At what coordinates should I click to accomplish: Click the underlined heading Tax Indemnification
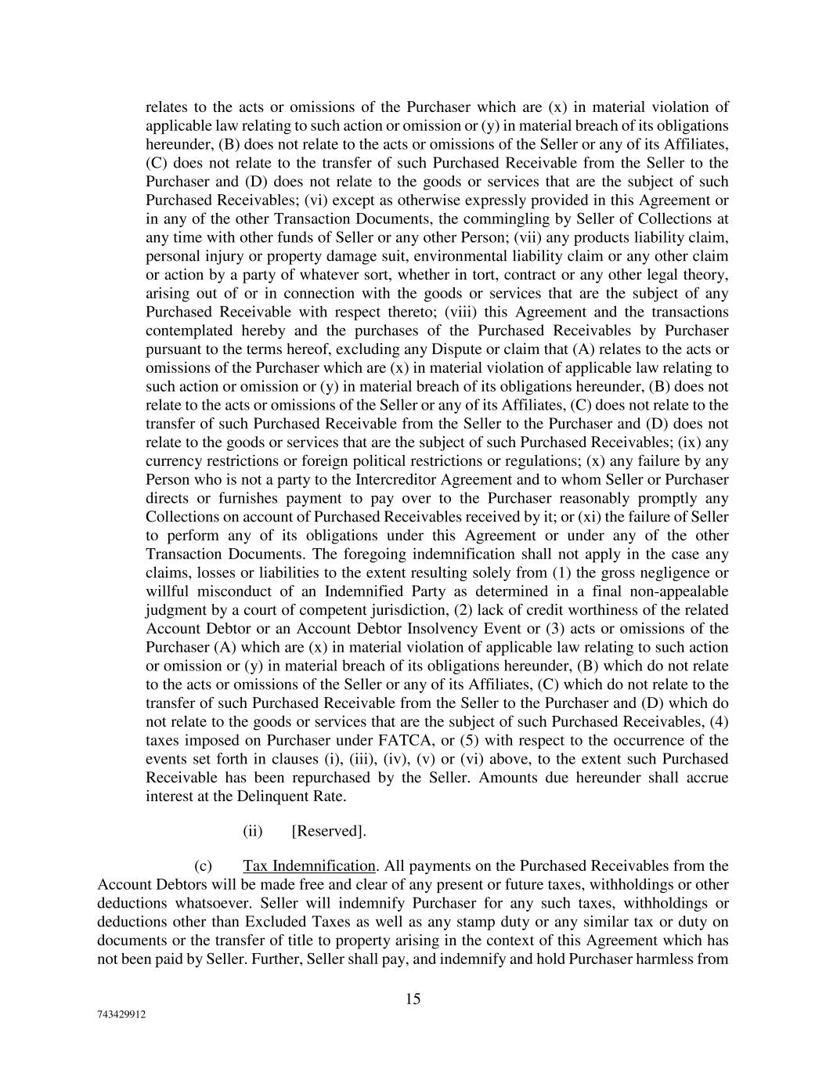coord(309,865)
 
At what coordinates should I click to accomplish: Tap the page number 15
coord(413,999)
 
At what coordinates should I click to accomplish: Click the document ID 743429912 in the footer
coord(121,1013)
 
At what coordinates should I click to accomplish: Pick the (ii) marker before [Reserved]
coord(252,831)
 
